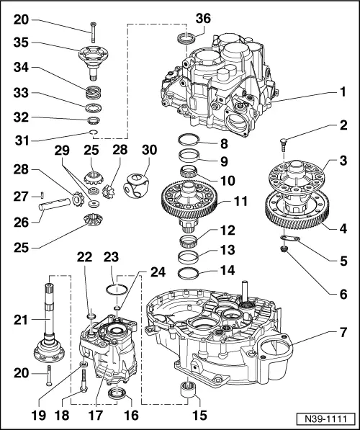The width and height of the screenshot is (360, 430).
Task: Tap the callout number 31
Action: pyautogui.click(x=22, y=141)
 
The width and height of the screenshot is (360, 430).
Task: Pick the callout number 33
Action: pyautogui.click(x=22, y=94)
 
